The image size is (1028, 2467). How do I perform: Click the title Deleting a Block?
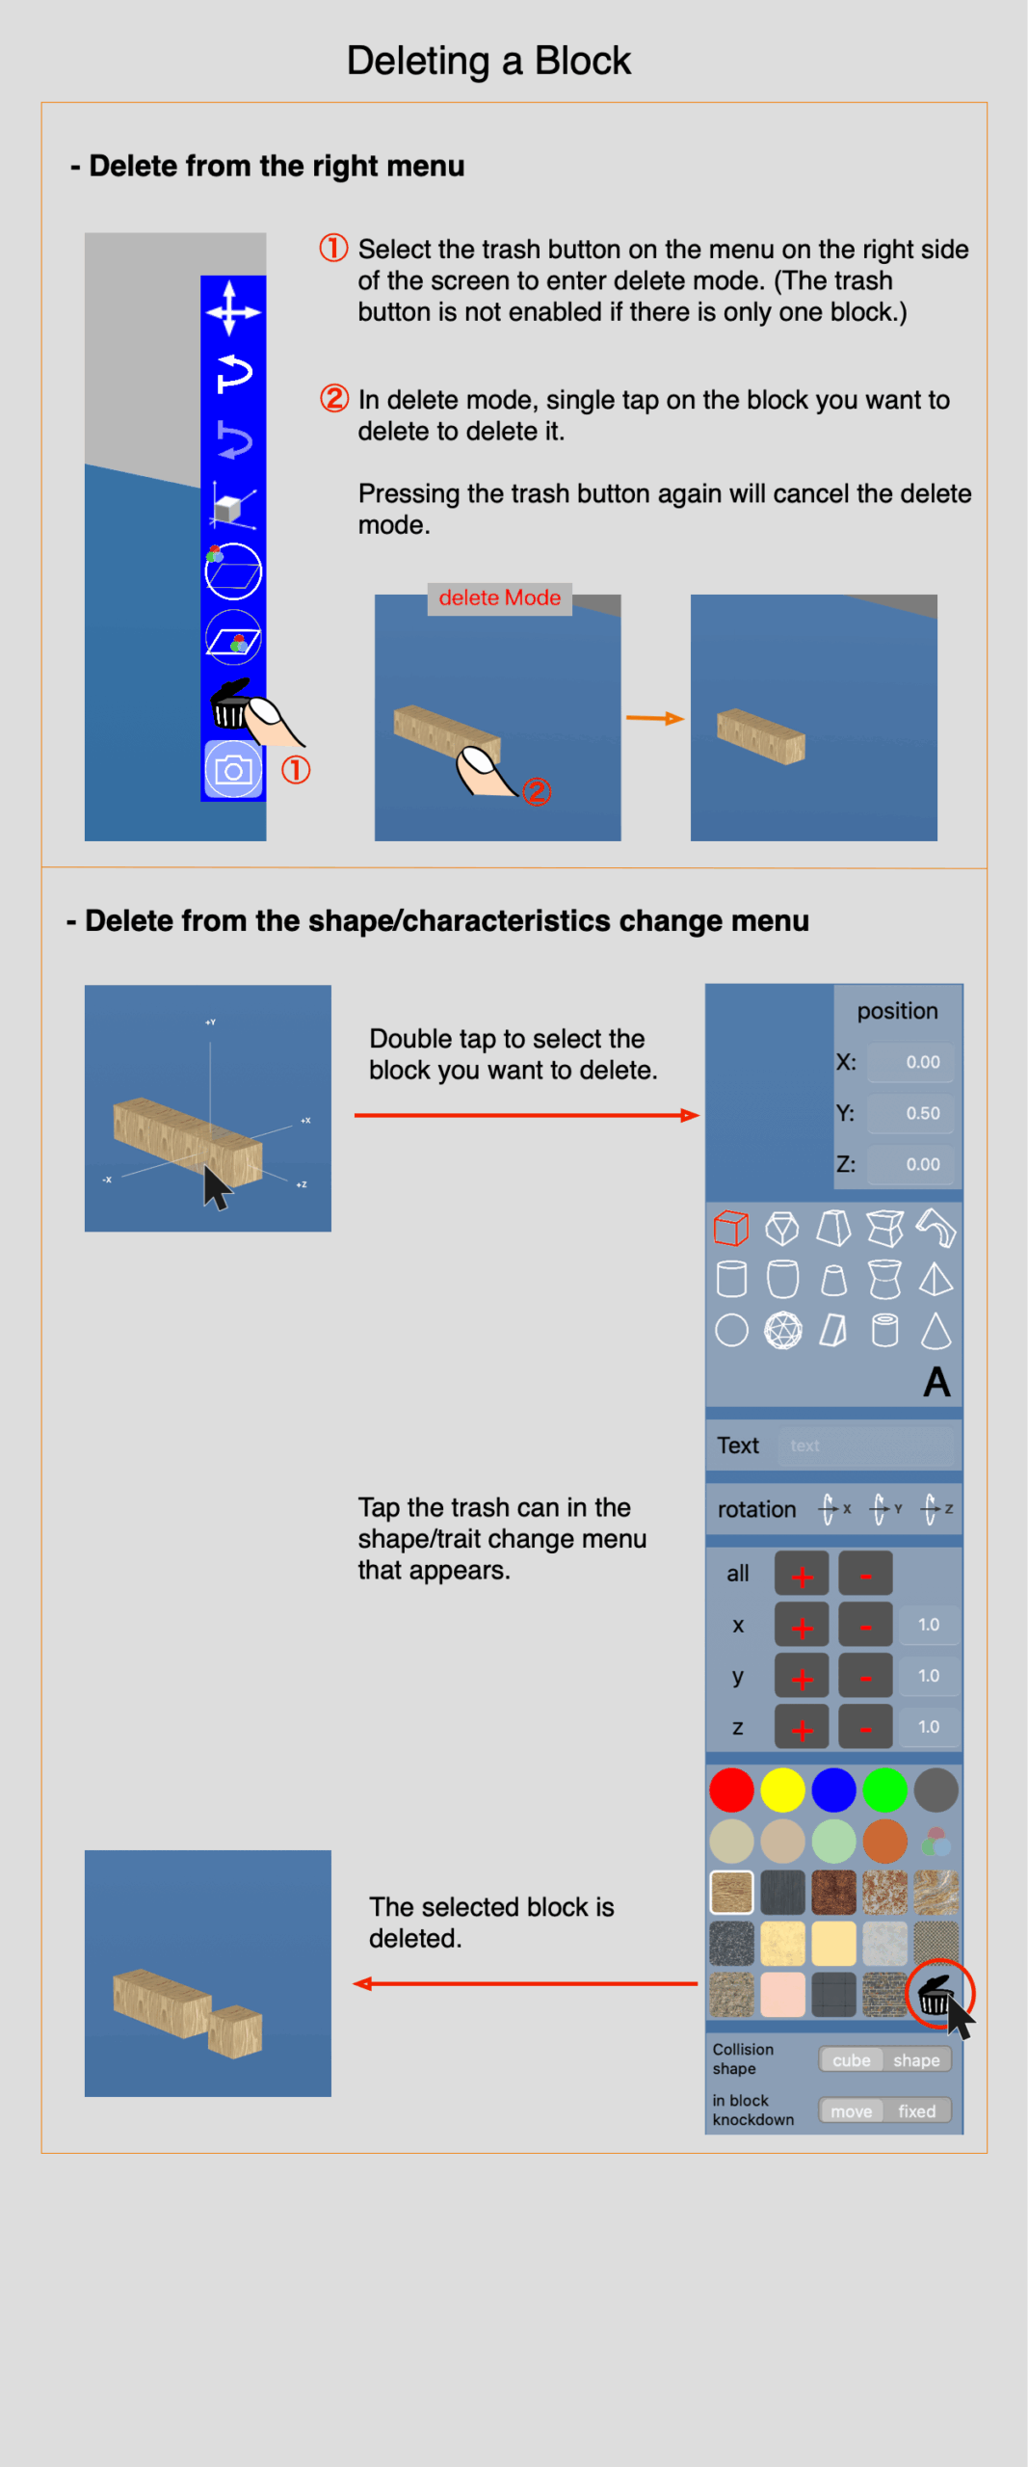click(x=488, y=61)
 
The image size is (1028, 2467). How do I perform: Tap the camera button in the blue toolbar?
click(x=233, y=770)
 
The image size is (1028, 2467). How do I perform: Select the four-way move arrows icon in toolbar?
click(x=233, y=309)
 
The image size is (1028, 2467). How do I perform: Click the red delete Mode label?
click(x=499, y=597)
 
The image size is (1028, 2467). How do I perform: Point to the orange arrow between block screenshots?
click(x=655, y=718)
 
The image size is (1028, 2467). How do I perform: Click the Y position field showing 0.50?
click(x=910, y=1113)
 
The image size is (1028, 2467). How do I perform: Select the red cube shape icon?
click(x=731, y=1229)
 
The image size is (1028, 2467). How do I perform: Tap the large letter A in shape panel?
click(x=936, y=1382)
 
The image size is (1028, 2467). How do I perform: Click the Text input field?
click(x=865, y=1446)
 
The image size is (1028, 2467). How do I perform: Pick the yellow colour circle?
click(x=782, y=1791)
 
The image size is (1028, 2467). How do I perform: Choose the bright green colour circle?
click(x=884, y=1791)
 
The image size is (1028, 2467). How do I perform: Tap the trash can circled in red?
click(x=936, y=1994)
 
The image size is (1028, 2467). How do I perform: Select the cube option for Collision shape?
click(x=852, y=2059)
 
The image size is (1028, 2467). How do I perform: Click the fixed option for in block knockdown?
click(x=916, y=2111)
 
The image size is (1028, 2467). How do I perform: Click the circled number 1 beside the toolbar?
click(x=296, y=770)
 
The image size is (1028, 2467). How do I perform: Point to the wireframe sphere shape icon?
click(x=782, y=1331)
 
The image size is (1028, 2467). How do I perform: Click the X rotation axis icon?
click(x=834, y=1509)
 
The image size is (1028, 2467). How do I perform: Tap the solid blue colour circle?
click(x=833, y=1791)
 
